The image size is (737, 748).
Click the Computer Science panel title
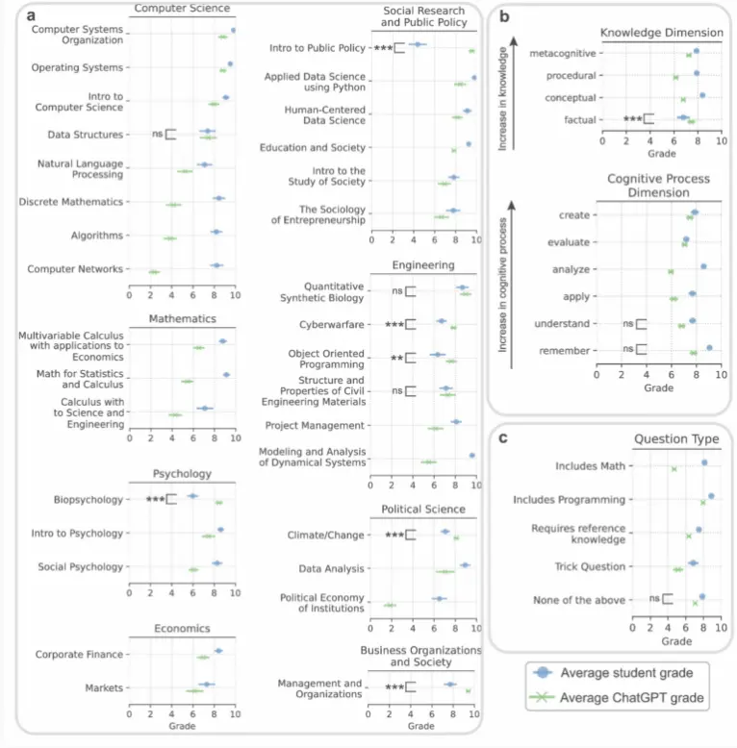(x=181, y=9)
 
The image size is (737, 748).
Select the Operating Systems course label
(x=78, y=68)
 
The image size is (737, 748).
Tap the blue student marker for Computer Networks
(x=216, y=265)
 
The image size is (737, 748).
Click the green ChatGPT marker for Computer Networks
(x=153, y=272)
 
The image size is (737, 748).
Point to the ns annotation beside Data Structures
(x=158, y=135)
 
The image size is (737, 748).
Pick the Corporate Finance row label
(x=80, y=655)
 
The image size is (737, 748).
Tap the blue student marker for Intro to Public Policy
(x=418, y=44)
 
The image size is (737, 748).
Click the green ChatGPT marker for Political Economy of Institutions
(x=390, y=605)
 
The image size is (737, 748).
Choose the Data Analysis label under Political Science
(x=331, y=569)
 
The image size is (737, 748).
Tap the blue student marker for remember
(x=709, y=348)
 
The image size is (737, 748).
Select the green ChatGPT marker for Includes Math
(x=674, y=468)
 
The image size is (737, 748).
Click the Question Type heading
(x=676, y=439)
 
